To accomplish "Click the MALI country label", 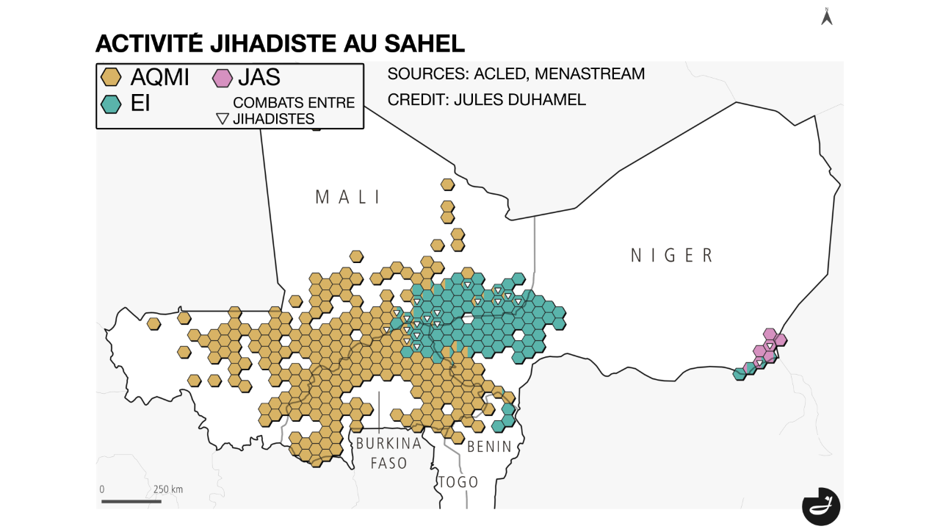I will click(x=348, y=197).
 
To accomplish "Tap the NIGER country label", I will click(x=672, y=255).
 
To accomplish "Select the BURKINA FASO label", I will click(x=388, y=453).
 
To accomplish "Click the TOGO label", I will click(x=459, y=482).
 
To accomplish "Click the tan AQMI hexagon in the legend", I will click(x=111, y=77).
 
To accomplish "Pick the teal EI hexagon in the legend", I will click(x=111, y=104).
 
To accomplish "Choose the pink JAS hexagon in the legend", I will click(x=222, y=77).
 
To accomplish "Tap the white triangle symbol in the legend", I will click(x=223, y=118).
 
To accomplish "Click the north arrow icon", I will click(x=826, y=16).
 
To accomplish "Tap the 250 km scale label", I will click(x=168, y=489).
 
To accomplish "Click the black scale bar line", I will click(x=131, y=501).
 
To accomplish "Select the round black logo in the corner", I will click(x=820, y=506).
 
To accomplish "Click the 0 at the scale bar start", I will click(x=102, y=489).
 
